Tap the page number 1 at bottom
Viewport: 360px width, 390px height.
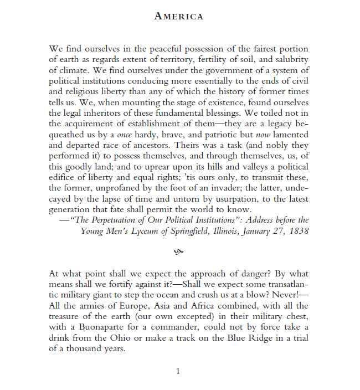click(178, 371)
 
